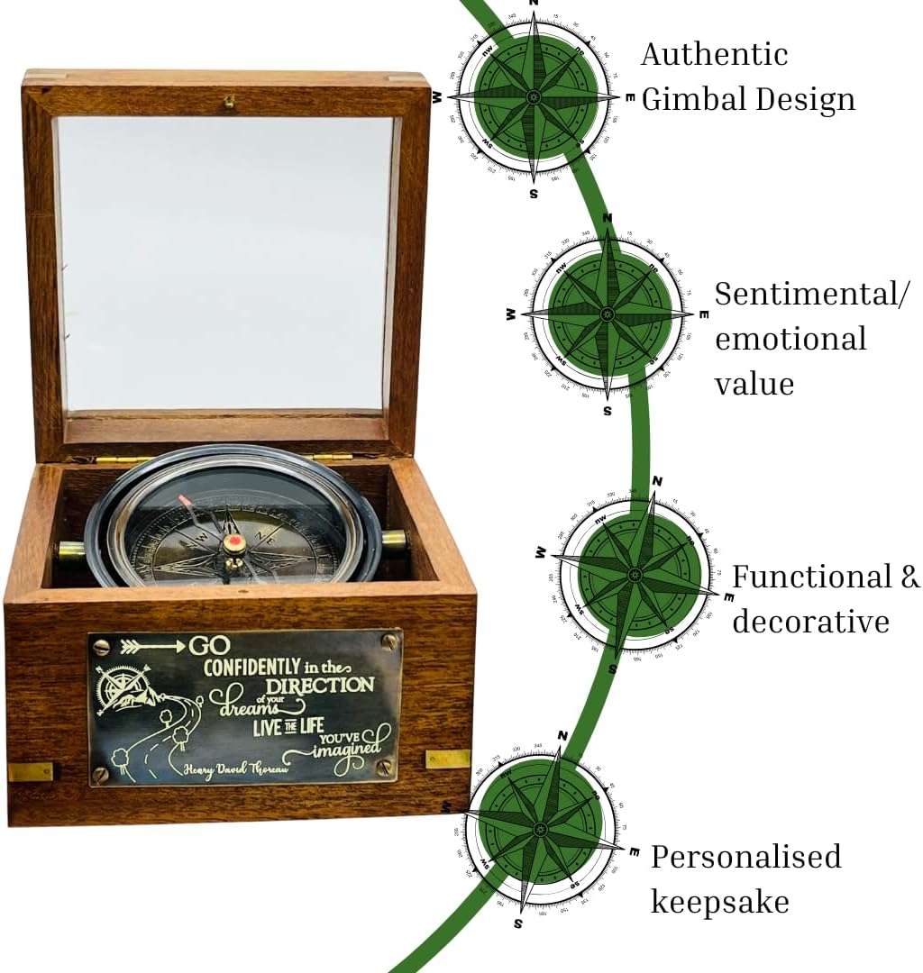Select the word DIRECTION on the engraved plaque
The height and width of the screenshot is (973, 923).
[319, 685]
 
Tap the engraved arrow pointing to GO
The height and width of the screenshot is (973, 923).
[150, 646]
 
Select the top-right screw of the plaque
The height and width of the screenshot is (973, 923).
[389, 641]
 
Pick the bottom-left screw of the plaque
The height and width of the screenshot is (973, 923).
[101, 773]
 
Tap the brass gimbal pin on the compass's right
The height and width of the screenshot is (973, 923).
[394, 541]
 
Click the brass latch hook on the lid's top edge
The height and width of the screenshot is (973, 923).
[229, 102]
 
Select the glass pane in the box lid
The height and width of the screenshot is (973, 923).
[225, 262]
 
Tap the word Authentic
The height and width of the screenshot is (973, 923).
[714, 54]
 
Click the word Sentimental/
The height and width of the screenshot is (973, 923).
[812, 295]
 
